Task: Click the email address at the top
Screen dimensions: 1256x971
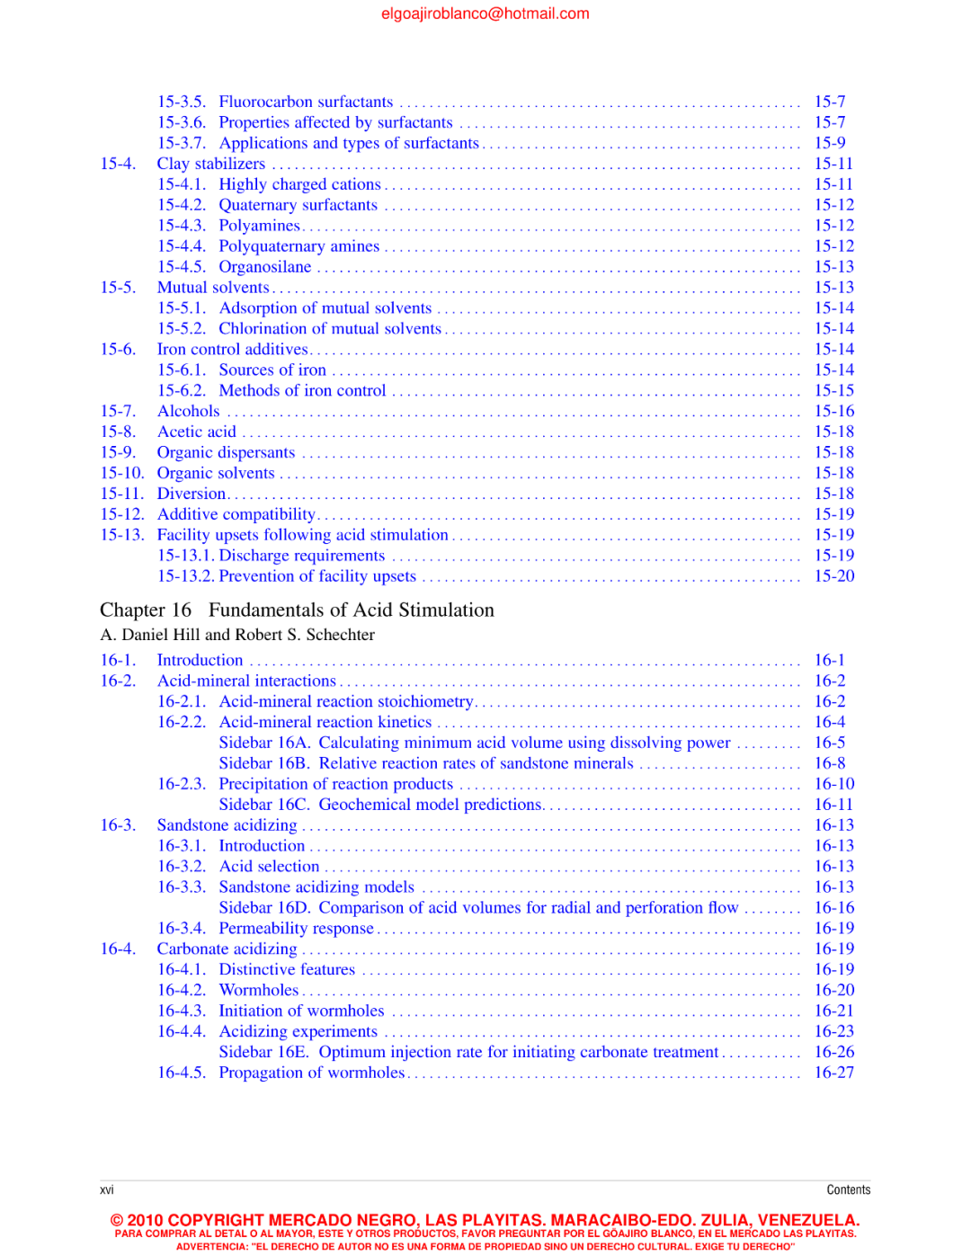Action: [x=485, y=13]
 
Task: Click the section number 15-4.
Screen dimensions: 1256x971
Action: [x=118, y=164]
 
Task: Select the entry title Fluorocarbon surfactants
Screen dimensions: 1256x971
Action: [x=306, y=102]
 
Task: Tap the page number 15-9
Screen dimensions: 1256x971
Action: [x=829, y=143]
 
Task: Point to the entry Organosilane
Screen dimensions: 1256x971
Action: [x=264, y=267]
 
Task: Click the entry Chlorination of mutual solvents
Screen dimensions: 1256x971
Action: [x=330, y=329]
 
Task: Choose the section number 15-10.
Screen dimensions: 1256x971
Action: [x=121, y=473]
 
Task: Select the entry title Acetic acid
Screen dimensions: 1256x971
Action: [x=196, y=432]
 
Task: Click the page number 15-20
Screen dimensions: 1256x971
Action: [x=833, y=576]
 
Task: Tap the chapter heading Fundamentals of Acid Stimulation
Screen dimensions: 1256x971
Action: [x=351, y=610]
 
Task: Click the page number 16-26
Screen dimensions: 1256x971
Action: [x=833, y=1052]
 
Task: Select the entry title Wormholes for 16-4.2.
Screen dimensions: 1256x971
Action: [x=258, y=990]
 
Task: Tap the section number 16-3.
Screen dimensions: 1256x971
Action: [x=118, y=825]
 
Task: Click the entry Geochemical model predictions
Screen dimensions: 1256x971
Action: [x=430, y=805]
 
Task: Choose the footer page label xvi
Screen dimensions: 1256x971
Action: [x=107, y=1189]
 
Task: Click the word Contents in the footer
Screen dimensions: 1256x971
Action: [x=848, y=1189]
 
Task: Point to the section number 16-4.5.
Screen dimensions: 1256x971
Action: [x=181, y=1073]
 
